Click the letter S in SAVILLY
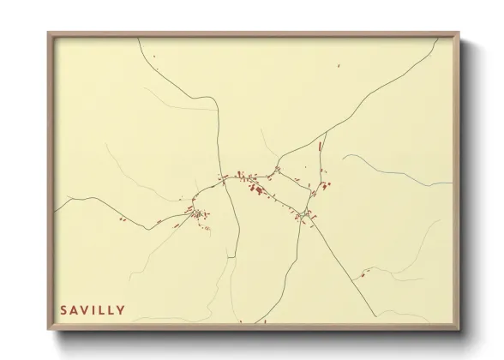[63, 310]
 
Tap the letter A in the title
[75, 310]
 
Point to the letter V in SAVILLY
[88, 310]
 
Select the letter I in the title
[99, 310]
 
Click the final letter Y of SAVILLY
[121, 310]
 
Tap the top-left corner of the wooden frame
[49, 33]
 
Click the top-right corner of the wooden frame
[459, 33]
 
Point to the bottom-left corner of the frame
[49, 329]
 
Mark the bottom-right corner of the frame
[459, 329]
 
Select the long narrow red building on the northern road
[321, 147]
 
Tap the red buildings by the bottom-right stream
[366, 273]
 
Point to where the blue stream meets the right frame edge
[452, 183]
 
